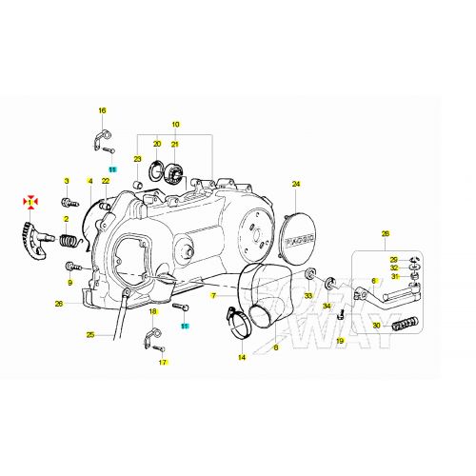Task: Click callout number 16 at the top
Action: coord(103,110)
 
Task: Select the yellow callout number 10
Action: coord(175,125)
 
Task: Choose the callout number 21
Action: coord(175,144)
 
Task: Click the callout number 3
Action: coord(67,181)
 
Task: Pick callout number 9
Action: coord(69,282)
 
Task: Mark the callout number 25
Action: coord(90,335)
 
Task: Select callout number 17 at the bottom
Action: coord(162,363)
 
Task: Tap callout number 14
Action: coord(242,358)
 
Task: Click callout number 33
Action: coord(308,297)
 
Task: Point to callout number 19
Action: coord(339,340)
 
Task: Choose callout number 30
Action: coord(377,326)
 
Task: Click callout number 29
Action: coord(393,260)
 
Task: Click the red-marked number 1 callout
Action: coord(31,202)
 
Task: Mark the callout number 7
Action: coord(215,296)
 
